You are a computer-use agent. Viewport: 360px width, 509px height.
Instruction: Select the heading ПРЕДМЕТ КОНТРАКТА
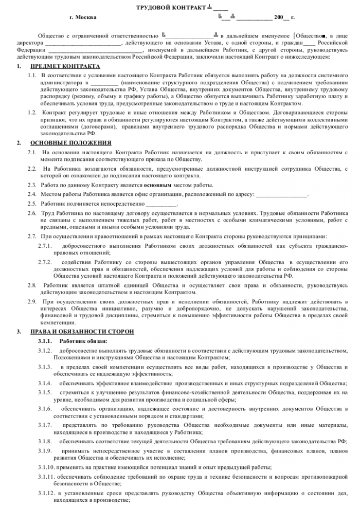click(65, 67)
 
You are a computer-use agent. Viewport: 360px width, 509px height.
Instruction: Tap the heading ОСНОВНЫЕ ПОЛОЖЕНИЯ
click(70, 142)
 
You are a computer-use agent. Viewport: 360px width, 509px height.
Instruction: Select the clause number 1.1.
click(32, 75)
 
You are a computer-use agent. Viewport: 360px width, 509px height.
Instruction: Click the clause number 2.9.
click(32, 301)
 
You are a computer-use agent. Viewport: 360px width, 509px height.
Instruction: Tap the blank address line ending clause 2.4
click(281, 194)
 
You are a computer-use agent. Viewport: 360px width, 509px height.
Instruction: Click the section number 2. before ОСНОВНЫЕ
click(19, 142)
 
